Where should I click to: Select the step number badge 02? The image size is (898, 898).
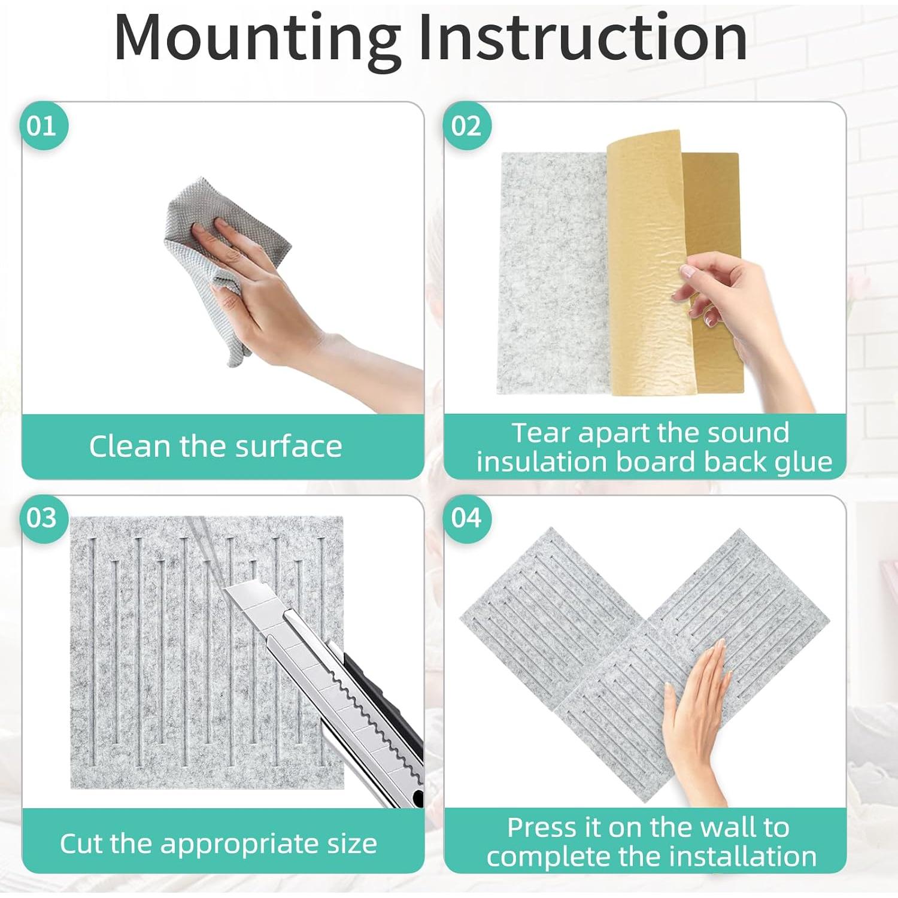tap(466, 126)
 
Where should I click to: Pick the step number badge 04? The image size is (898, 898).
tap(466, 518)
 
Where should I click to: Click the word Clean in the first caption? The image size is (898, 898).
tap(129, 447)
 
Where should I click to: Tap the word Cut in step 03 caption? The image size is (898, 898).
tap(81, 844)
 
